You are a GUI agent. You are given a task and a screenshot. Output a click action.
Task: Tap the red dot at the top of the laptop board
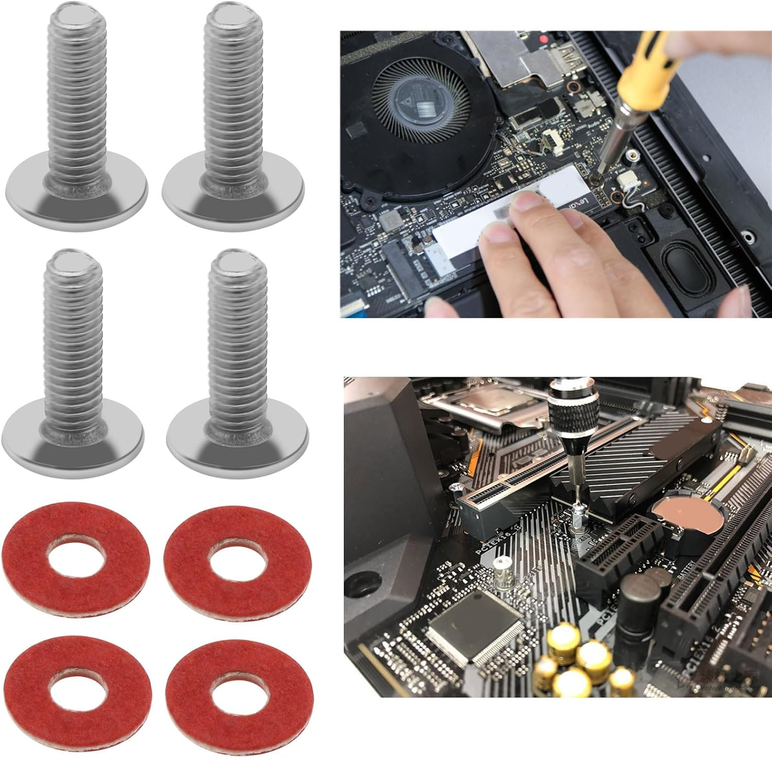pyautogui.click(x=543, y=39)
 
